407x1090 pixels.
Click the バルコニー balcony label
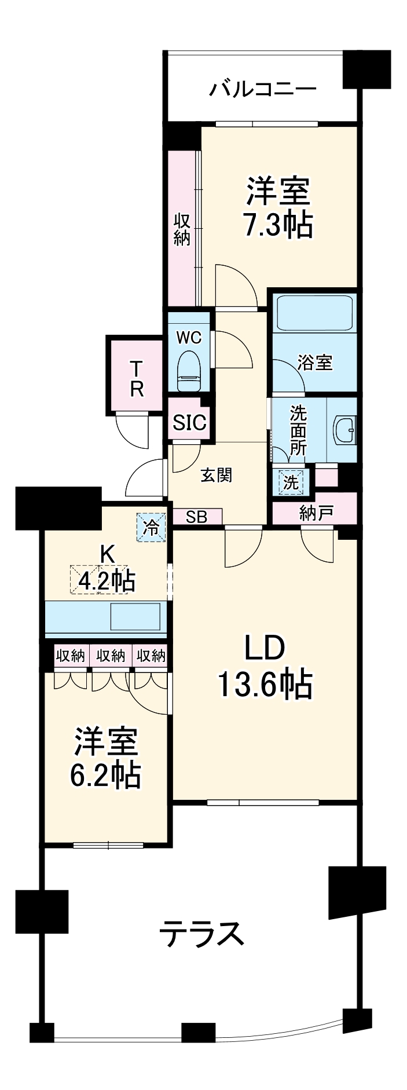263,89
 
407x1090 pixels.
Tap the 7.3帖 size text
277,225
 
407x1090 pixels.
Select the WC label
189,336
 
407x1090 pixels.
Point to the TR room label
136,379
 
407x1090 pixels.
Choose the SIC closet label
189,423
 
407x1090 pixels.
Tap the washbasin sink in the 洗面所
345,430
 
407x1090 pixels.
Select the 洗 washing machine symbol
291,482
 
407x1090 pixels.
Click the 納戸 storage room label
316,512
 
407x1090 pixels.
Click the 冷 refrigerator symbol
151,527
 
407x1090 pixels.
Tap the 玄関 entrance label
217,475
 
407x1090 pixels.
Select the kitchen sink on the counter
135,617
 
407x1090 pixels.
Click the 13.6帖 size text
265,684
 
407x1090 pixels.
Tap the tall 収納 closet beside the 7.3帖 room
182,229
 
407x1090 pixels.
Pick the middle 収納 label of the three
111,656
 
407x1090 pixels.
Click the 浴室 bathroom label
315,363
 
